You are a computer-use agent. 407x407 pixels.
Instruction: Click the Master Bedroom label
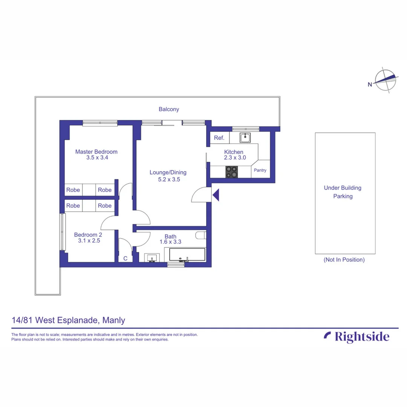tap(96, 152)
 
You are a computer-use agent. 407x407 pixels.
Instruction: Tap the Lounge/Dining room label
tap(168, 173)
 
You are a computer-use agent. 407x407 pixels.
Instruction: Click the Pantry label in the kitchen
tap(260, 170)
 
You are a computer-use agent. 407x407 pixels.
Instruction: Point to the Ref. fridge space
tap(219, 138)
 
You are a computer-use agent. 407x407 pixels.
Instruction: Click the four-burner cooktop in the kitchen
tap(231, 172)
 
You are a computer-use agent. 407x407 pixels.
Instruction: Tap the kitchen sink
tap(246, 138)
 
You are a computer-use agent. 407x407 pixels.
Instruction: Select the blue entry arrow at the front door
tap(216, 195)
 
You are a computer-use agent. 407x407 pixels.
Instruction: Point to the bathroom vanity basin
tap(152, 258)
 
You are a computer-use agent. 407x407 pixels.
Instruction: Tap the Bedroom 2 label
tap(88, 234)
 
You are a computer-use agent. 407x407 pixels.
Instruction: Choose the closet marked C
tap(125, 258)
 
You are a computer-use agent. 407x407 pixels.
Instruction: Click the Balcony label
tap(169, 109)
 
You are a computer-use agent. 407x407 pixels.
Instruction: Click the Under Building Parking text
tap(343, 192)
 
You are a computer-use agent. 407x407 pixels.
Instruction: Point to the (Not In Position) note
tap(344, 260)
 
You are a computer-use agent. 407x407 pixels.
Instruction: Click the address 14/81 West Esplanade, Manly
tap(68, 321)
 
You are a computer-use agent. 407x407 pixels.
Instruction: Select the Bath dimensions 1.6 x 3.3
tap(170, 242)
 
